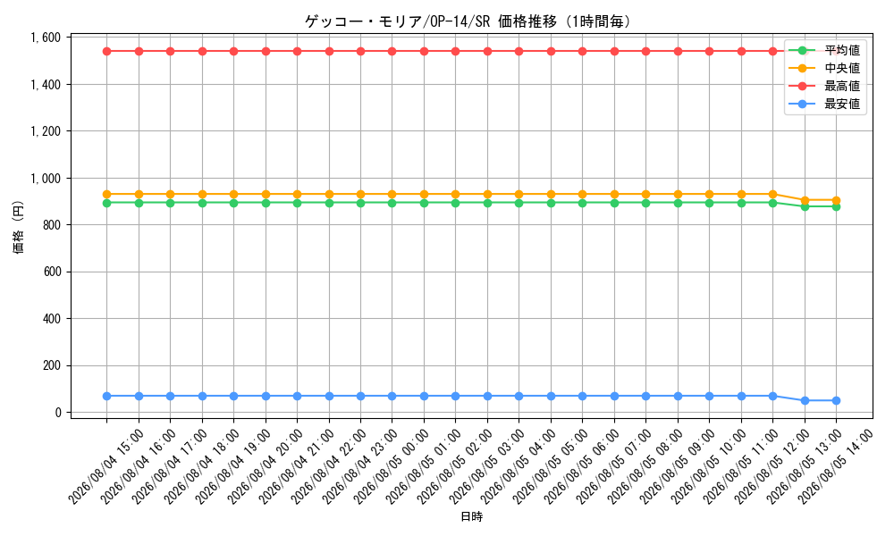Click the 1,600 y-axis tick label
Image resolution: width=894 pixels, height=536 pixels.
[45, 38]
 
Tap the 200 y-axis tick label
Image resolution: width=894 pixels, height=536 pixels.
[52, 365]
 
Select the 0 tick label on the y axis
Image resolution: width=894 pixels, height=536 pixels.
[57, 413]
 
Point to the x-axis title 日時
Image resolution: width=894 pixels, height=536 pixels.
[471, 516]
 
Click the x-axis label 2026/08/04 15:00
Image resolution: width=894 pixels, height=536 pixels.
[106, 467]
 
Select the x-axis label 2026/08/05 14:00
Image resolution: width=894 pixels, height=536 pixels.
[835, 467]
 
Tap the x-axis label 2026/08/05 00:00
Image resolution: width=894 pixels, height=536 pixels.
[392, 467]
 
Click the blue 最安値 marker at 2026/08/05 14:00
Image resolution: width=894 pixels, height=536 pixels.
[836, 400]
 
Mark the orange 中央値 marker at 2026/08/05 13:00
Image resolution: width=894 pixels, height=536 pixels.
[805, 200]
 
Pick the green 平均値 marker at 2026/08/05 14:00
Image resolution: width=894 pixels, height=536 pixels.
[836, 206]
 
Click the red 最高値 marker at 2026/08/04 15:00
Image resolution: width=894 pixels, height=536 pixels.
[106, 51]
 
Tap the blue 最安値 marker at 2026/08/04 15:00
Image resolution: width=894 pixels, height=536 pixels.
[106, 396]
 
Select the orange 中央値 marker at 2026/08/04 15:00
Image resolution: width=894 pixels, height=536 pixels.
[106, 194]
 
